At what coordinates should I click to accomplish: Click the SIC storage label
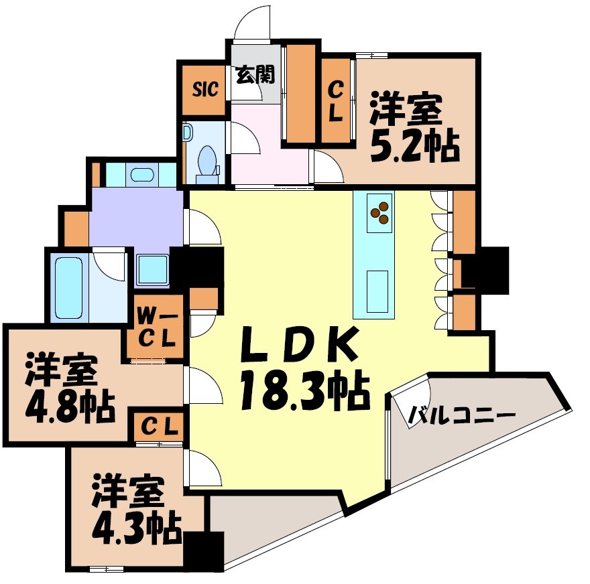205,89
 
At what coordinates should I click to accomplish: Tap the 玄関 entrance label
255,74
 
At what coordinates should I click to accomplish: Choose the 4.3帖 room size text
137,527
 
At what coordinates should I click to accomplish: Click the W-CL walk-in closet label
157,326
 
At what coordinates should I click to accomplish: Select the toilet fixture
208,161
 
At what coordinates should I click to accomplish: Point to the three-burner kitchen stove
379,212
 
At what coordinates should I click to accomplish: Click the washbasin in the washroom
141,176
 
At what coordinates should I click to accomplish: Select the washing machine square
154,270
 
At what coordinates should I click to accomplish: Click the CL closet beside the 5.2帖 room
336,100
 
